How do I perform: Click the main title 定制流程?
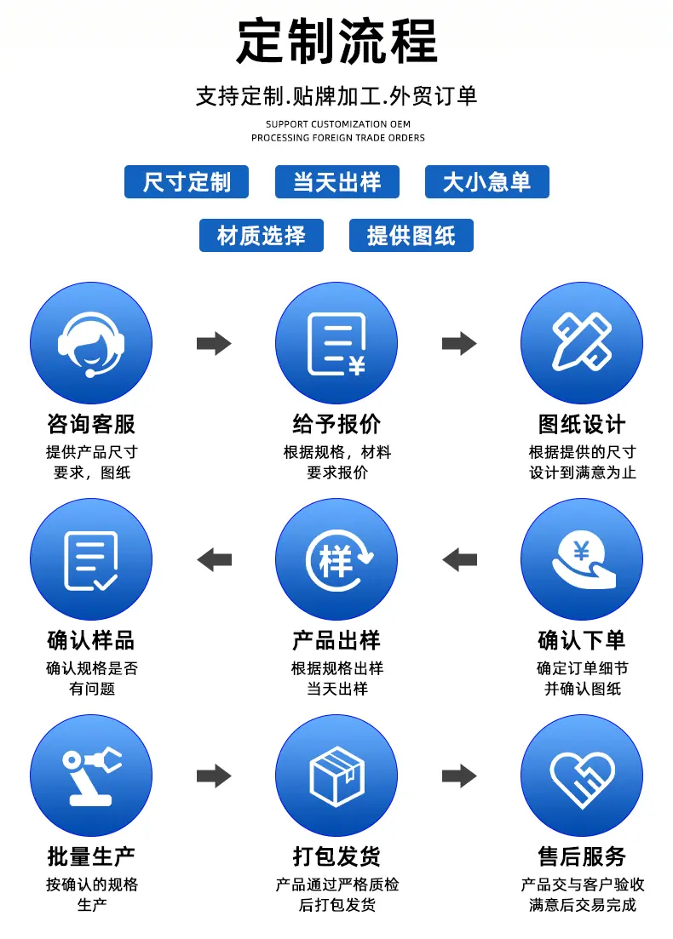pos(336,41)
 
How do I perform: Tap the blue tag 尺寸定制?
pos(187,181)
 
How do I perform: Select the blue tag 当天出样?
pos(336,181)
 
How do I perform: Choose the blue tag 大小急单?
pos(486,181)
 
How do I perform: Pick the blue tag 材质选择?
pos(262,235)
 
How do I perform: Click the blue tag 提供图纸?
pos(411,235)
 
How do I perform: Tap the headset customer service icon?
pos(91,343)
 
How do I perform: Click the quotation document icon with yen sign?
pos(336,343)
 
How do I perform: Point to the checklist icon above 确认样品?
pos(91,559)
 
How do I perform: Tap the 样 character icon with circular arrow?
pos(336,559)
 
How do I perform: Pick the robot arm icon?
pos(91,776)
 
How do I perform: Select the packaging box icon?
pos(336,776)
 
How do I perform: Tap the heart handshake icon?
pos(581,776)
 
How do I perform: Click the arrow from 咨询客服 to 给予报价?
pos(214,343)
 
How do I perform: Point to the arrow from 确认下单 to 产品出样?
pos(459,560)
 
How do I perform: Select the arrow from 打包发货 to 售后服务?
pos(459,776)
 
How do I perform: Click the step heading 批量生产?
pos(91,856)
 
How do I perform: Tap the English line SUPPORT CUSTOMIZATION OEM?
pos(338,124)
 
